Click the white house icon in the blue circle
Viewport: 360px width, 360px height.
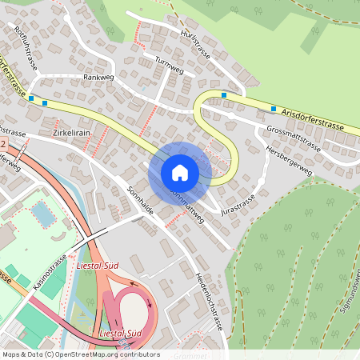[180, 172]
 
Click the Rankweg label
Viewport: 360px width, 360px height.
[100, 78]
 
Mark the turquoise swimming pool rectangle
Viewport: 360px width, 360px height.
[41, 214]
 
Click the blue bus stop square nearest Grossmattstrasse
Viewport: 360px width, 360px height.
[274, 109]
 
